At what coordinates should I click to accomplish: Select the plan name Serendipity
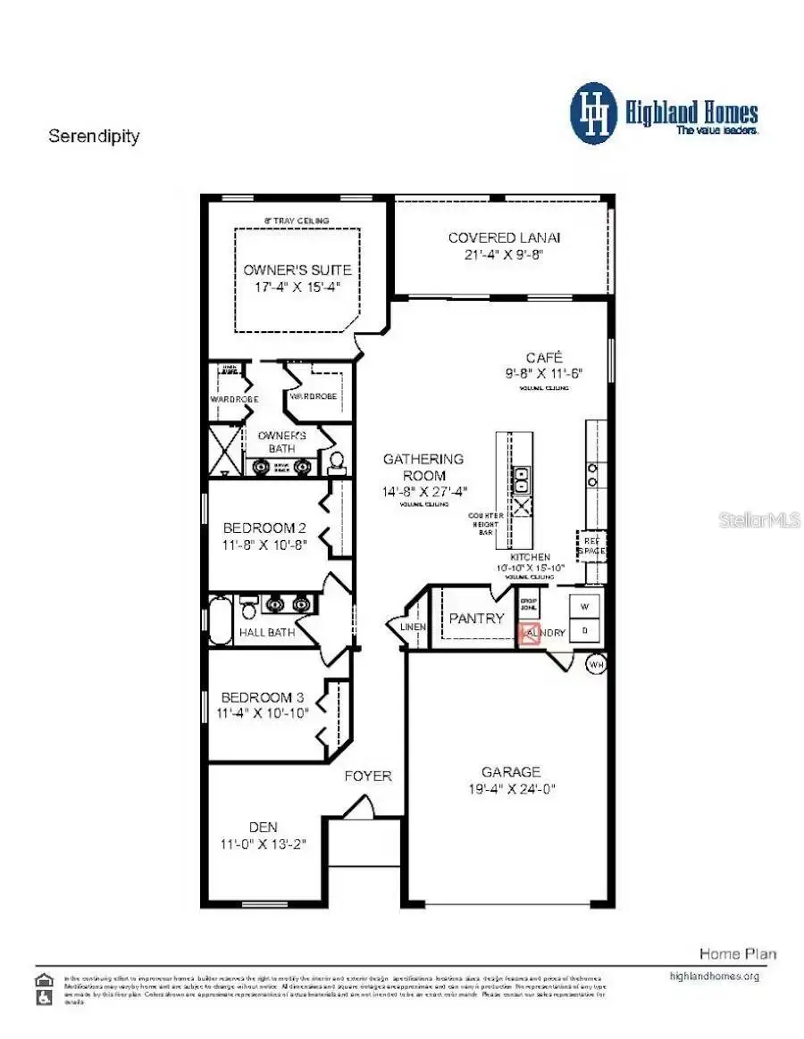point(94,137)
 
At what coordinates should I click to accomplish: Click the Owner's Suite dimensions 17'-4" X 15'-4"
point(297,287)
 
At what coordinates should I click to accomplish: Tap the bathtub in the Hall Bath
point(220,619)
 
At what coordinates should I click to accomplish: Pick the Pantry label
point(476,618)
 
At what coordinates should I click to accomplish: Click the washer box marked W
point(586,608)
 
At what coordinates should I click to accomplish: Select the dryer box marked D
point(586,630)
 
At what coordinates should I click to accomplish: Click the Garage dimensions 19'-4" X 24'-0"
point(511,788)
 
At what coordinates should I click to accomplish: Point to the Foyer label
point(368,776)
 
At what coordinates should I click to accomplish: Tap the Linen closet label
point(414,627)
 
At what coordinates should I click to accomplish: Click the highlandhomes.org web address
point(714,976)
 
